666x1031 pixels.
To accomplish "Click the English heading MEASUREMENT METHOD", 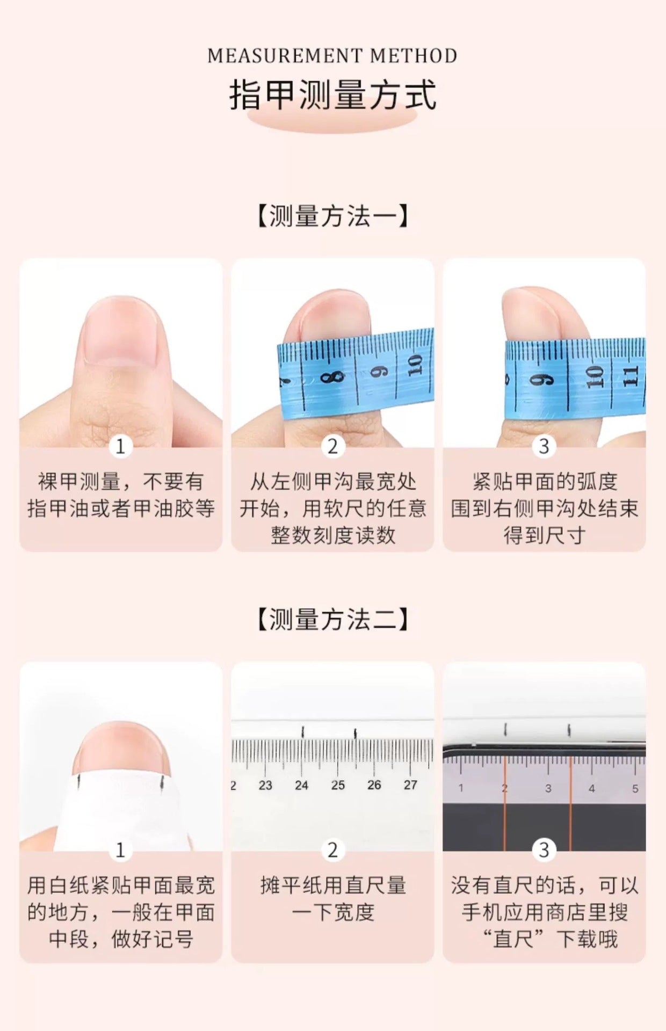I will pyautogui.click(x=332, y=56).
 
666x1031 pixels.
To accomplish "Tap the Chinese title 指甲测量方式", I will pyautogui.click(x=332, y=95).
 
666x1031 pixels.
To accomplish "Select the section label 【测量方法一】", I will pyautogui.click(x=332, y=216).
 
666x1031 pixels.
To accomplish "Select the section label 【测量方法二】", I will pyautogui.click(x=332, y=619).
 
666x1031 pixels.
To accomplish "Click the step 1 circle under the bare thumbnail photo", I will pyautogui.click(x=120, y=446).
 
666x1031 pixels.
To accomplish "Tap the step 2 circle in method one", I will pyautogui.click(x=332, y=446).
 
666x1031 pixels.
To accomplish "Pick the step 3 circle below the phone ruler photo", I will pyautogui.click(x=544, y=850).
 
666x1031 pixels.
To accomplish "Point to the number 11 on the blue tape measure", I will pyautogui.click(x=631, y=376).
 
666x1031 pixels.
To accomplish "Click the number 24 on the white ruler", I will pyautogui.click(x=301, y=785).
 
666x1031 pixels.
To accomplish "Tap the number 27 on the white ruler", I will pyautogui.click(x=410, y=785).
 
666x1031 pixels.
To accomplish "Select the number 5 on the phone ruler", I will pyautogui.click(x=635, y=789).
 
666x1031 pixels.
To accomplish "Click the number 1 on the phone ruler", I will pyautogui.click(x=461, y=788).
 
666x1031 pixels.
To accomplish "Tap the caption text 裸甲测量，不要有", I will pyautogui.click(x=120, y=481).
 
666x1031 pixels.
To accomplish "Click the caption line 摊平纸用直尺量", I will pyautogui.click(x=332, y=885).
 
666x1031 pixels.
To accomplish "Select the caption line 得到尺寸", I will pyautogui.click(x=544, y=535).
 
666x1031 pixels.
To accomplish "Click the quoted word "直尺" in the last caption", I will pyautogui.click(x=515, y=939).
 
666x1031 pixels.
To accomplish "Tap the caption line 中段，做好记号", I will pyautogui.click(x=120, y=939).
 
